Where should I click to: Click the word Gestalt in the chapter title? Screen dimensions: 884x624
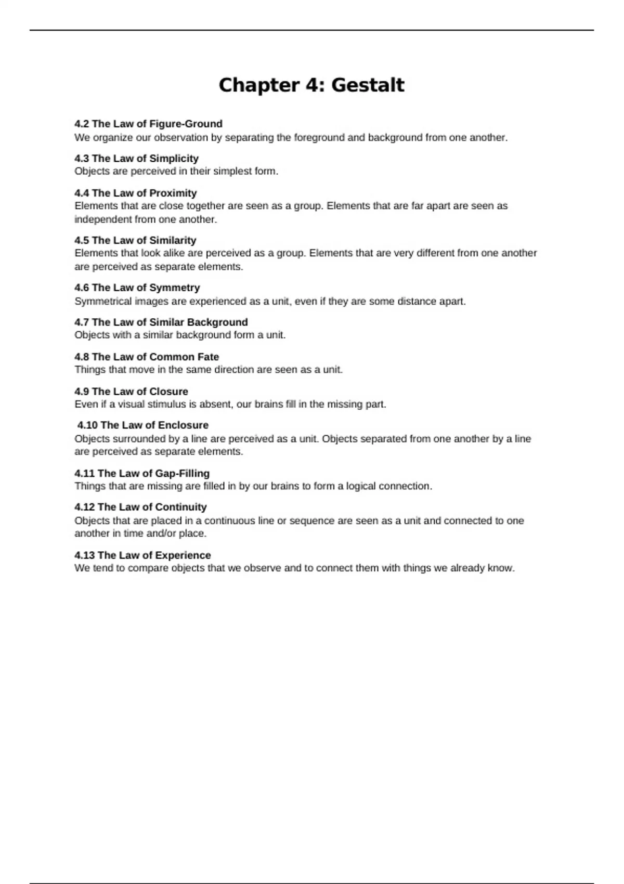pyautogui.click(x=368, y=85)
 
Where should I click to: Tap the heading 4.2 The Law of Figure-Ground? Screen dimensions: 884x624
pyautogui.click(x=148, y=124)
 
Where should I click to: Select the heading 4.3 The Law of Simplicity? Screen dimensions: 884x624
pyautogui.click(x=136, y=158)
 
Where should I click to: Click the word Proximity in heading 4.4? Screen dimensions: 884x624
pyautogui.click(x=173, y=193)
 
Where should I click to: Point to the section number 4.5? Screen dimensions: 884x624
pyautogui.click(x=82, y=240)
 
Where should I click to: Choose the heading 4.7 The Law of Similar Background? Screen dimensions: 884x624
pyautogui.click(x=161, y=322)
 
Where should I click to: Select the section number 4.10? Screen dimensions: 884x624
pyautogui.click(x=87, y=425)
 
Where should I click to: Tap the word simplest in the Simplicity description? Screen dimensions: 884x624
pyautogui.click(x=232, y=171)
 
